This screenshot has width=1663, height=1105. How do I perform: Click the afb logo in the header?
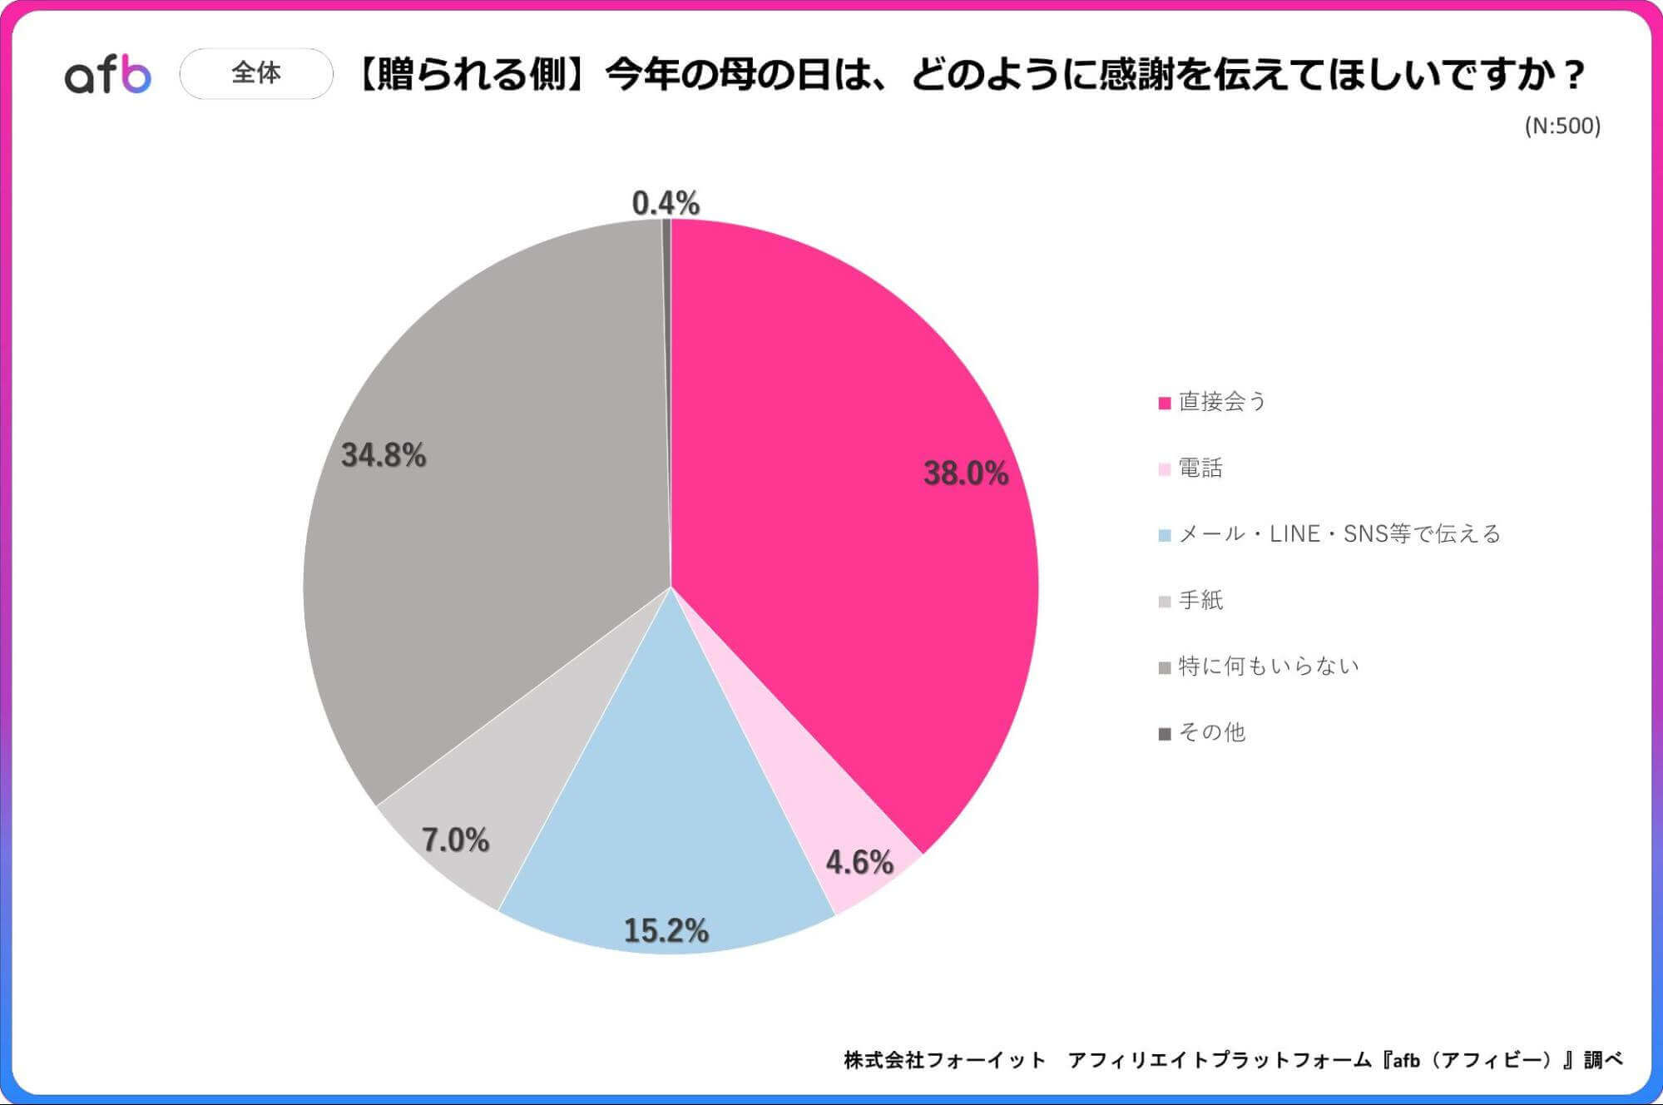point(108,74)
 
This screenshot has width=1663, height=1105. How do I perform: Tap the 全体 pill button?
point(256,73)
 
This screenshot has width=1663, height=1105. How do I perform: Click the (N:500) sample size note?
point(1562,126)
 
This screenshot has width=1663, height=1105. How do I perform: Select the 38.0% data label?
point(965,473)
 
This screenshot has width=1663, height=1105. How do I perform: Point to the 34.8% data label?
point(384,455)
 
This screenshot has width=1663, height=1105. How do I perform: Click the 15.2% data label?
point(666,930)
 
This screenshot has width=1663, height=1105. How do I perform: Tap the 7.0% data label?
point(455,840)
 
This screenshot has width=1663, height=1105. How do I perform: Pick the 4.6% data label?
point(859,862)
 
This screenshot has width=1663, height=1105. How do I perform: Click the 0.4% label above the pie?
point(666,203)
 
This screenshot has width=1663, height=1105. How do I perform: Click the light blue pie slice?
point(666,815)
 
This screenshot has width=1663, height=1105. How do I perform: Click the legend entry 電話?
point(1200,468)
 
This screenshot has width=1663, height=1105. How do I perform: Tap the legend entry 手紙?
point(1200,600)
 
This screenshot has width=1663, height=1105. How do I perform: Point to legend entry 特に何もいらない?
point(1268,666)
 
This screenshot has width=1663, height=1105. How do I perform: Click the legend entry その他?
point(1211,732)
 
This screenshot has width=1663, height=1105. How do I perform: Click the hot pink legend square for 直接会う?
point(1165,403)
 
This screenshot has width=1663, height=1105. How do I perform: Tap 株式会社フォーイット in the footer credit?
point(944,1060)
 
